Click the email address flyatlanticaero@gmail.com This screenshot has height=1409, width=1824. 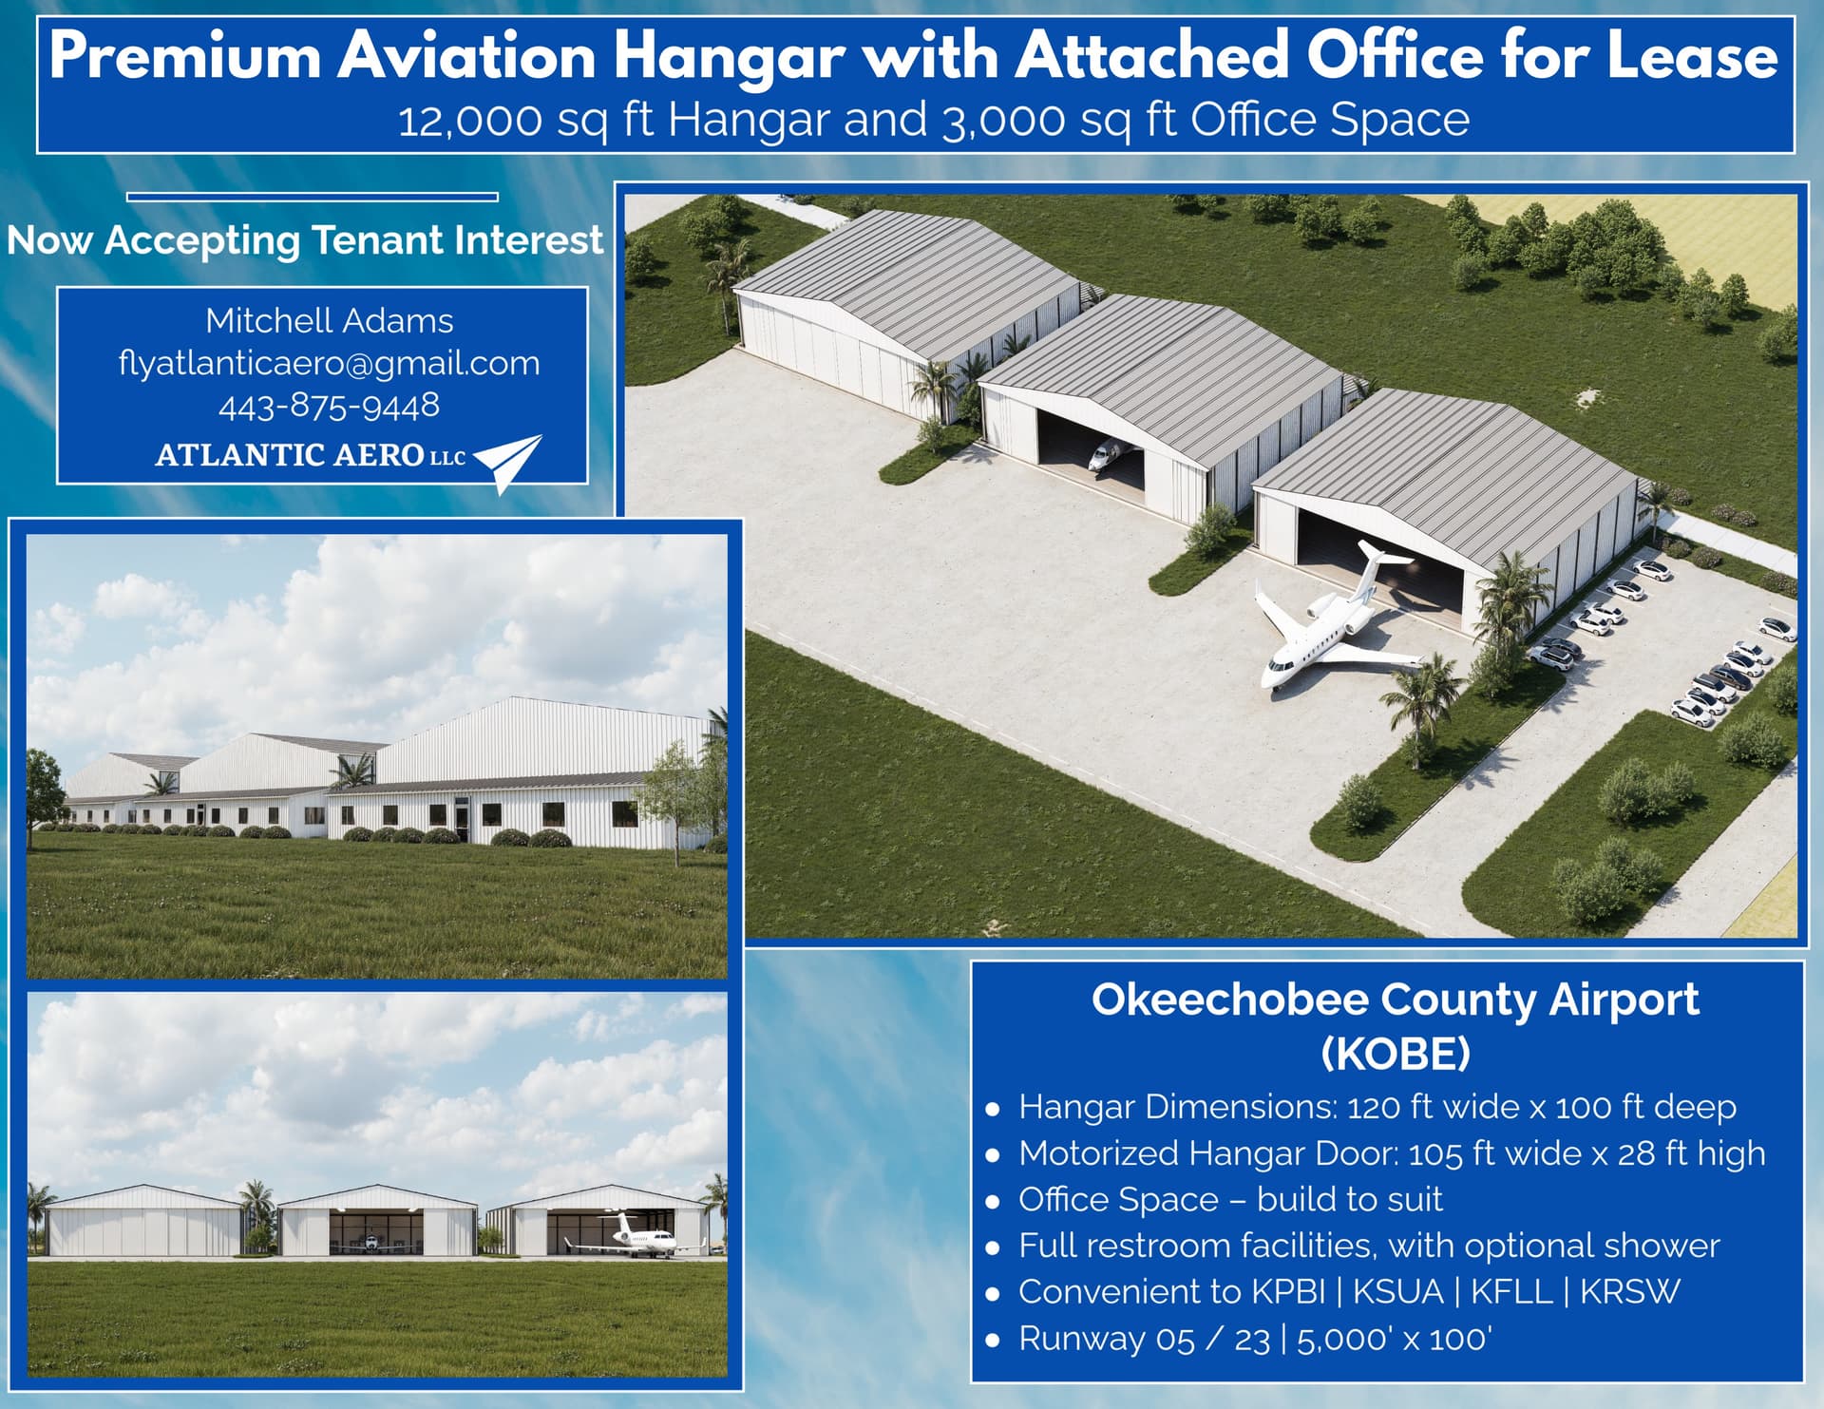click(329, 363)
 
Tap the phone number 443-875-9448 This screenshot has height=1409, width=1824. click(329, 406)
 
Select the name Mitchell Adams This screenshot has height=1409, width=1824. click(329, 320)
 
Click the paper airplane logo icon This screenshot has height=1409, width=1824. click(509, 460)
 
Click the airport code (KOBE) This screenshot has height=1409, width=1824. click(1395, 1053)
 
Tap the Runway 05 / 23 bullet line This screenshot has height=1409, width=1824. click(1254, 1339)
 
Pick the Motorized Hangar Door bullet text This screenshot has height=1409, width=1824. click(1391, 1153)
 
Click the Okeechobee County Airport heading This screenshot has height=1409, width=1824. click(1395, 1000)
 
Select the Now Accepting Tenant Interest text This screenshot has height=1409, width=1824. click(305, 240)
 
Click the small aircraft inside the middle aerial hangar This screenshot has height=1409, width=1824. click(1104, 455)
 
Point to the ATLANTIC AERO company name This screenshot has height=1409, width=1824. click(290, 455)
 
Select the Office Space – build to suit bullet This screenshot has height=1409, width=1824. click(1230, 1199)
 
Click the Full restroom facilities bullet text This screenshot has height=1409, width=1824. click(1368, 1246)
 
